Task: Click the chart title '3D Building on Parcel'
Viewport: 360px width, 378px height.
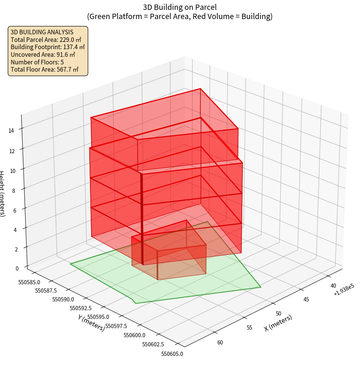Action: click(180, 7)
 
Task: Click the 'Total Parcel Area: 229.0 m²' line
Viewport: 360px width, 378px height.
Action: click(46, 40)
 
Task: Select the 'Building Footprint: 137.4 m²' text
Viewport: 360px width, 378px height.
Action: click(48, 47)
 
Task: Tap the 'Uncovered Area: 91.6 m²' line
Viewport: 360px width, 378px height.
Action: click(44, 54)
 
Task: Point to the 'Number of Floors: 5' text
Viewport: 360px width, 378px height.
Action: click(37, 62)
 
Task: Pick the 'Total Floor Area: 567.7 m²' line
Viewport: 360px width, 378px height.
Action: click(45, 69)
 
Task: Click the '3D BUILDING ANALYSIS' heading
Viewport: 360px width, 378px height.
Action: click(42, 32)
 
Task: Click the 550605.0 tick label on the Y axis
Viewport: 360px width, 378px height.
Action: click(172, 354)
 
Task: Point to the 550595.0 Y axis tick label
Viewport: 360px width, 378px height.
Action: click(98, 317)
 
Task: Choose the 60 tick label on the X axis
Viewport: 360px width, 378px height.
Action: click(220, 343)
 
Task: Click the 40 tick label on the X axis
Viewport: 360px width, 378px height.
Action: click(333, 286)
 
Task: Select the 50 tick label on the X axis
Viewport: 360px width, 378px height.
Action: click(278, 314)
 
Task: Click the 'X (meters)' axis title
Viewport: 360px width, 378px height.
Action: click(278, 323)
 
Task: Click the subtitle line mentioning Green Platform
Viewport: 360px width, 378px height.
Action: click(180, 16)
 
